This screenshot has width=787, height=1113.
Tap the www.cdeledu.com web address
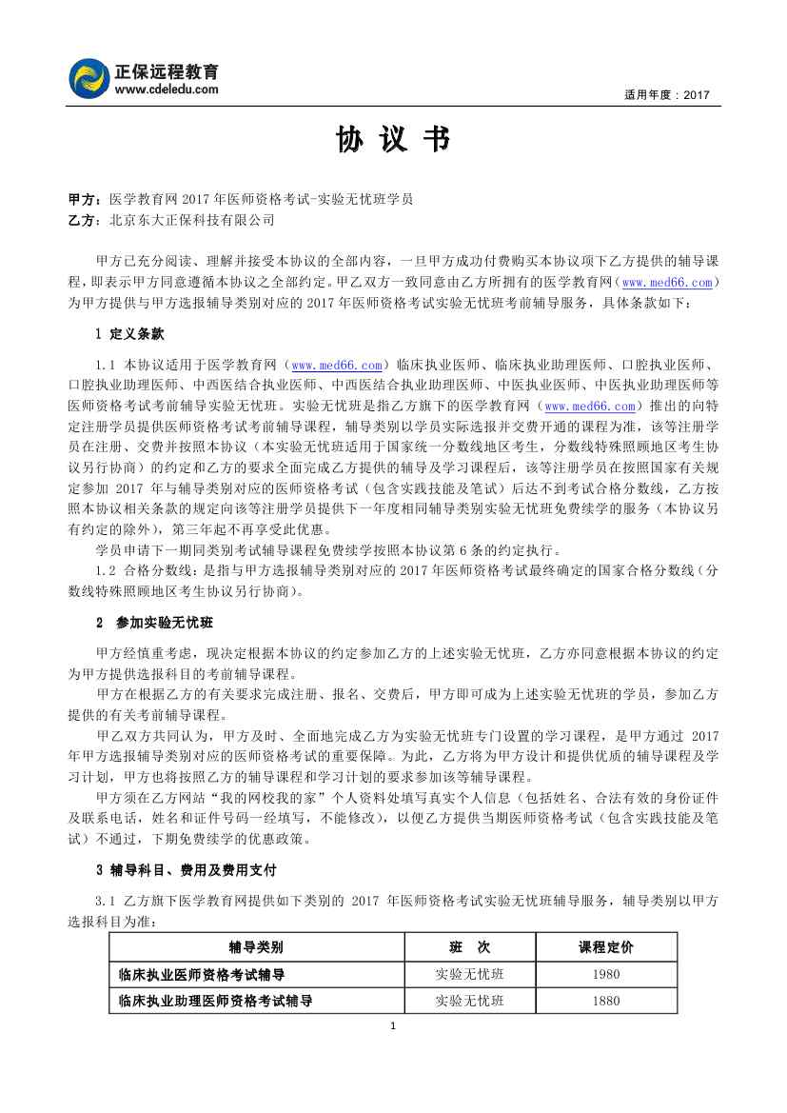[x=167, y=89]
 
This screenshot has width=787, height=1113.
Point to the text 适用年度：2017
[x=668, y=95]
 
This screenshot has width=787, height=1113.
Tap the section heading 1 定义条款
[x=130, y=335]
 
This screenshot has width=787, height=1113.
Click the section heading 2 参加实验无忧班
[x=154, y=623]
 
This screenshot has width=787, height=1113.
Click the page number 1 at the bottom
[x=393, y=1025]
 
